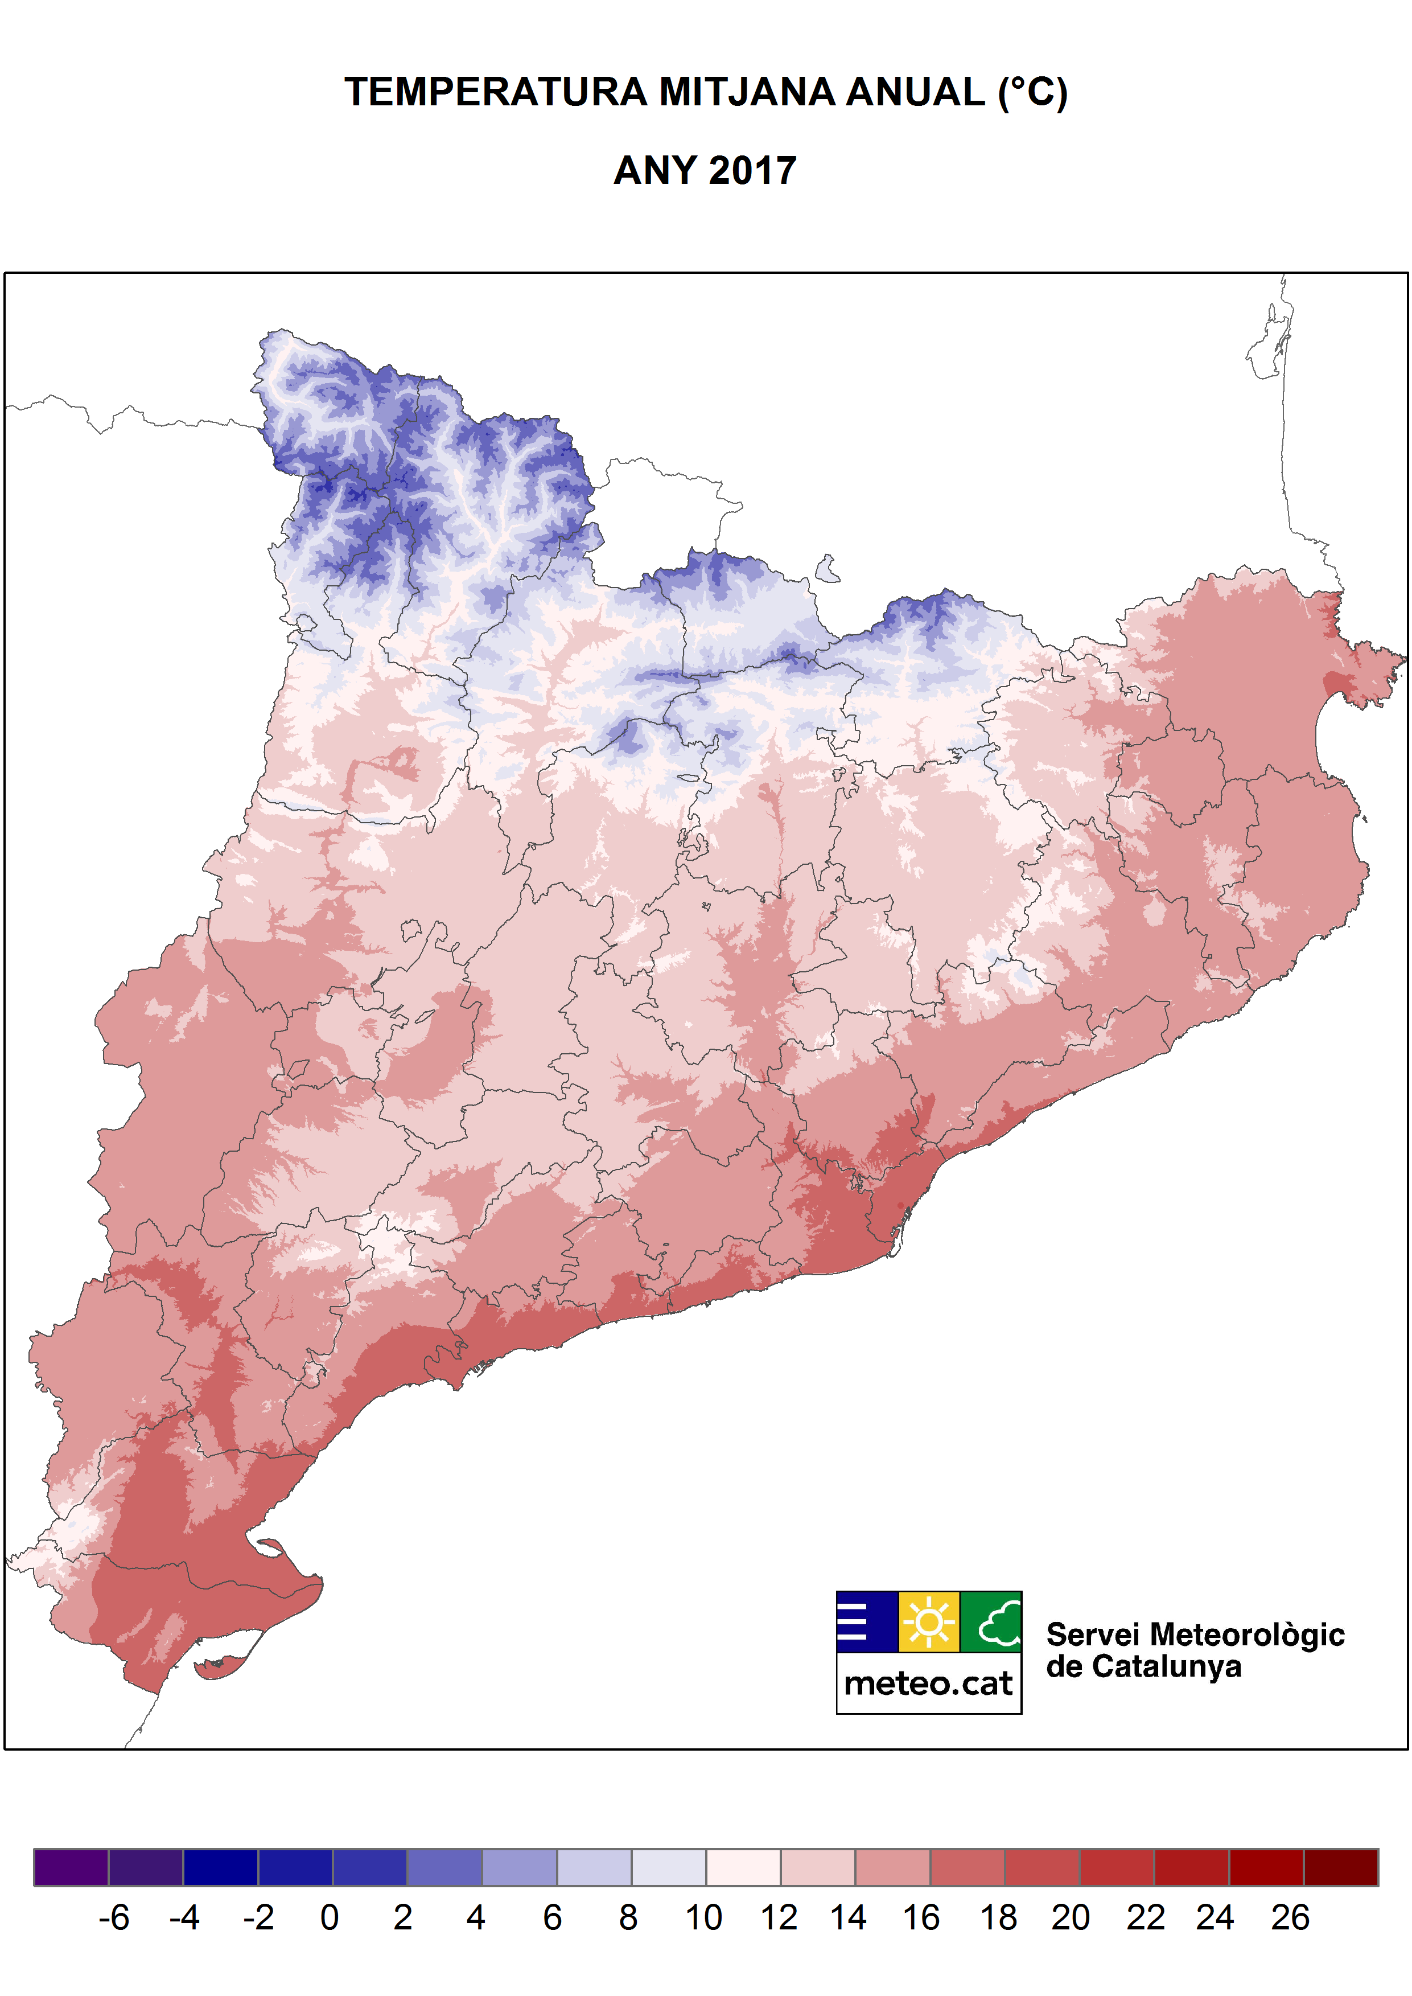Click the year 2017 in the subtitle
tap(752, 170)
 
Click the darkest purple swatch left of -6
tap(71, 1867)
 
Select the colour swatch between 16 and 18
tap(968, 1867)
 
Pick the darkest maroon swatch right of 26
tap(1341, 1867)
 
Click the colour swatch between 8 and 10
tap(669, 1867)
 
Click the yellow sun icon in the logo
tap(929, 1622)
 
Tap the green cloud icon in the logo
tap(991, 1622)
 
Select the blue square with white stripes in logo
tap(867, 1622)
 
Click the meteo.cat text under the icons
tap(929, 1684)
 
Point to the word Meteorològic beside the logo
tap(1247, 1635)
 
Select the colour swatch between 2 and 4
tap(444, 1867)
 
